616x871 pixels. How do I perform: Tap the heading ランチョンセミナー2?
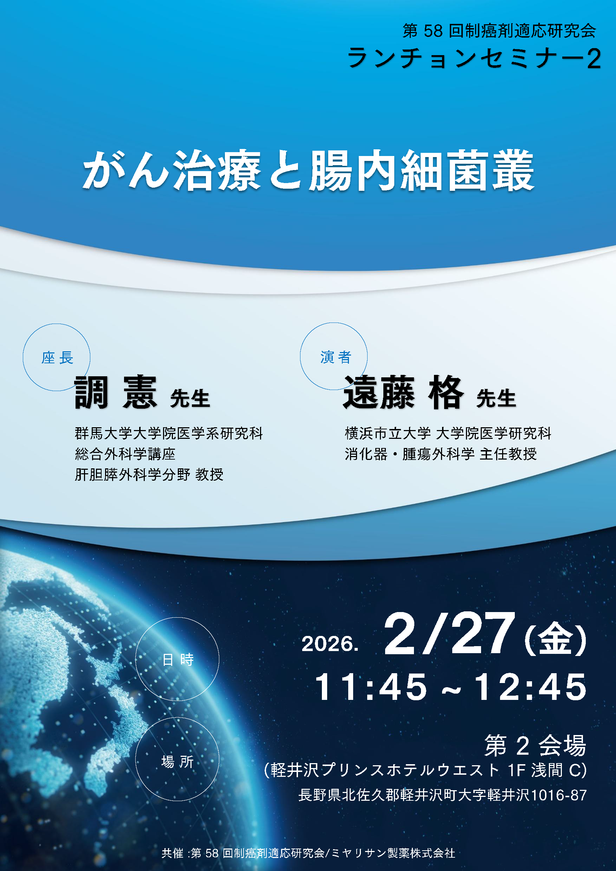coord(474,58)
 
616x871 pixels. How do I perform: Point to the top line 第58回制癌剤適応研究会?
coord(499,31)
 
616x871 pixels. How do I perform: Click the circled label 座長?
coord(57,358)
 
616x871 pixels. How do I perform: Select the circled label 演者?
coord(336,357)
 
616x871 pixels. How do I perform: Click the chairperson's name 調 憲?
coord(116,392)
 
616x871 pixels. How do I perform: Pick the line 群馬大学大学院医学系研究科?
coord(169,433)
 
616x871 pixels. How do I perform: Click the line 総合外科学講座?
coord(125,454)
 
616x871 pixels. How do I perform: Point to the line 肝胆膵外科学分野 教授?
coord(149,474)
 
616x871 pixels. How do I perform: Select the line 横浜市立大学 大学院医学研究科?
coord(448,433)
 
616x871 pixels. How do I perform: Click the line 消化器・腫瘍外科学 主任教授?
coord(441,454)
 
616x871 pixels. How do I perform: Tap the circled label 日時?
coord(178,660)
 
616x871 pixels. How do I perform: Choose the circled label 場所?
coord(178,761)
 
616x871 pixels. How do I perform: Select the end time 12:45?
coord(530,687)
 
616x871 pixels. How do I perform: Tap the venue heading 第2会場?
coord(536,746)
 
